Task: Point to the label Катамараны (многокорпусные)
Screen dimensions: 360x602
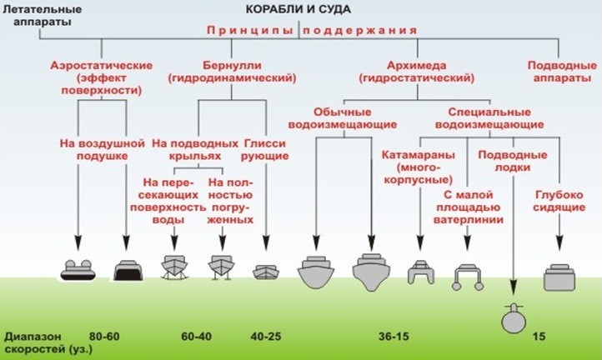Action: point(416,167)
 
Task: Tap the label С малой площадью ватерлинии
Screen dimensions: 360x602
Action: point(471,207)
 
